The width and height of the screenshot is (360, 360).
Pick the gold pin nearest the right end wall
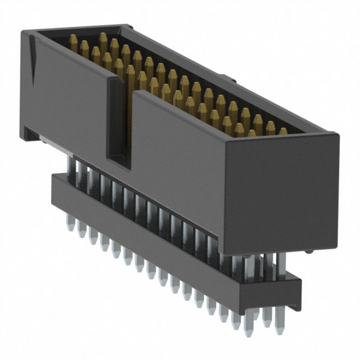pyautogui.click(x=283, y=132)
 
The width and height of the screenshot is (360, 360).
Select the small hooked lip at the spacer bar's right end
pyautogui.click(x=296, y=279)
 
